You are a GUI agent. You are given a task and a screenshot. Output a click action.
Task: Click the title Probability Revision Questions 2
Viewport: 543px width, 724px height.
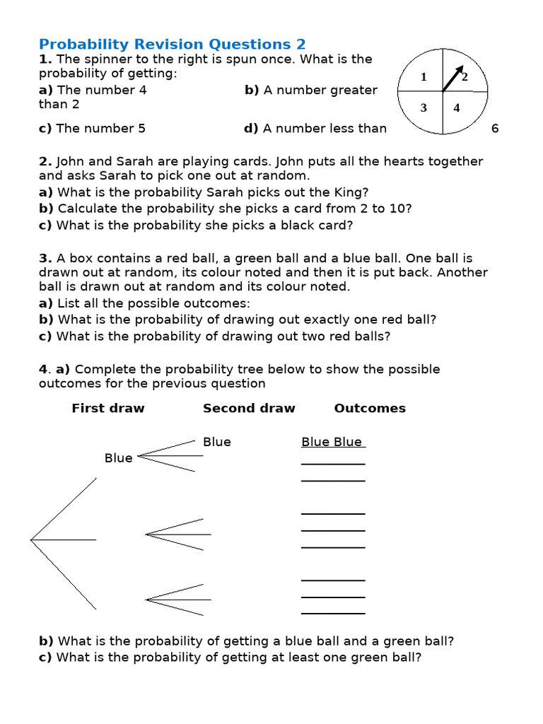[x=172, y=44]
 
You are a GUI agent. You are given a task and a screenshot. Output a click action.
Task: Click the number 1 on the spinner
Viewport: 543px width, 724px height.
[x=424, y=77]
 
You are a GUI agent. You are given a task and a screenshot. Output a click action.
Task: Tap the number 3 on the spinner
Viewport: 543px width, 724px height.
[x=424, y=108]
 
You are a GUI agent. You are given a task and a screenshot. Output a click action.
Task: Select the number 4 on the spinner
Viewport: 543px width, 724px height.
[x=457, y=108]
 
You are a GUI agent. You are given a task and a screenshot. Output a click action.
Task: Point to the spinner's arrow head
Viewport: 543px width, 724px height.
[x=460, y=69]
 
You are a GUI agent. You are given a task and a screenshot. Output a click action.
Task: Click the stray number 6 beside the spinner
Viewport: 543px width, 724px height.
[x=495, y=128]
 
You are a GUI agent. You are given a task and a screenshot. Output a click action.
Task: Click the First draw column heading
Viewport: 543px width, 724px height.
[x=107, y=408]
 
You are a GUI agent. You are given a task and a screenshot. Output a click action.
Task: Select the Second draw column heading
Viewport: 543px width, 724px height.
[x=249, y=408]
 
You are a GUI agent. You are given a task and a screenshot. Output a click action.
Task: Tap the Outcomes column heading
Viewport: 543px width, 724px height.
[x=370, y=408]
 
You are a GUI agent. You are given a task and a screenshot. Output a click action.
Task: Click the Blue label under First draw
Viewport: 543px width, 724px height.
[x=118, y=457]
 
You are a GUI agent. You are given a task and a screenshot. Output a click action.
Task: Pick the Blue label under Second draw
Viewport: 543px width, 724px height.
[x=217, y=442]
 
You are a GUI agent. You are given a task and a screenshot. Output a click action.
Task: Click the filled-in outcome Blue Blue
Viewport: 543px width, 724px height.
[x=332, y=442]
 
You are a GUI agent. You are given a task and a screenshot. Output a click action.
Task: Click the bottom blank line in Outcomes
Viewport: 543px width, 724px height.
[x=333, y=613]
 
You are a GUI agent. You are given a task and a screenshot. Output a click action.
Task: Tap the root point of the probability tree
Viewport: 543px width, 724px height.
[x=31, y=540]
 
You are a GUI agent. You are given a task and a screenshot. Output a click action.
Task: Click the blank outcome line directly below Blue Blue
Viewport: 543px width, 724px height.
[x=333, y=464]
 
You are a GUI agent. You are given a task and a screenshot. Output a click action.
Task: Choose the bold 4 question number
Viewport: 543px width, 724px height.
[x=43, y=369]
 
